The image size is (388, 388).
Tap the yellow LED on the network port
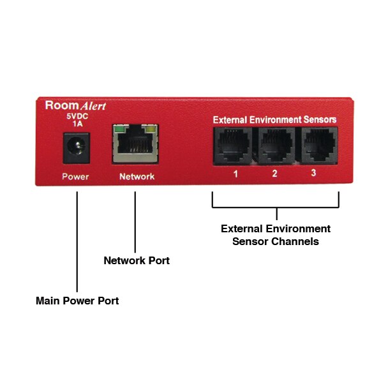coord(151,128)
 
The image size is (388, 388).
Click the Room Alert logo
coord(75,105)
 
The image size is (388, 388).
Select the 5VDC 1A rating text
coord(76,121)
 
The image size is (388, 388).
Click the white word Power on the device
coord(75,177)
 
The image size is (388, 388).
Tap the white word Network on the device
coord(137,177)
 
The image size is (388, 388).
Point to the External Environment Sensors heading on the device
coord(274,119)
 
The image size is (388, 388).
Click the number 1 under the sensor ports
coord(235,174)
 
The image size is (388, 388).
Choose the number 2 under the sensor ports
coord(275,174)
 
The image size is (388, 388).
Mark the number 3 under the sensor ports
coord(313,174)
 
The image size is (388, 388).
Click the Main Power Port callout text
coord(77,301)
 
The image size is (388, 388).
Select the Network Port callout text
coord(137,260)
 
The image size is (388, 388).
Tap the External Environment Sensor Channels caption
coord(276,235)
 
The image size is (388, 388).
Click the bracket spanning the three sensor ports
coord(276,207)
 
